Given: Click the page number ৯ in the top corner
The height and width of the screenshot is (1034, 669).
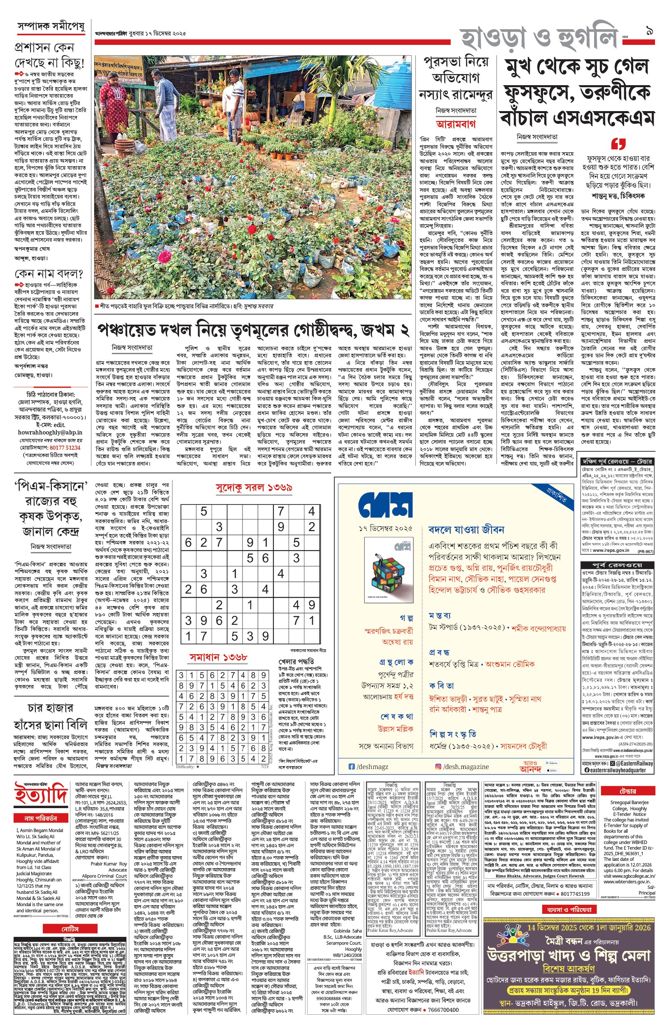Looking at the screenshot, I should [650, 32].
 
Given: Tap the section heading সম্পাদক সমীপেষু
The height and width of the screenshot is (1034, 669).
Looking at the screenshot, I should [51, 26].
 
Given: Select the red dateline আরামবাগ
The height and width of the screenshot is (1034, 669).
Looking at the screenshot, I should [456, 124].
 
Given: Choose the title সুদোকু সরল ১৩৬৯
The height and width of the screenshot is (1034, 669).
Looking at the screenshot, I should [253, 488].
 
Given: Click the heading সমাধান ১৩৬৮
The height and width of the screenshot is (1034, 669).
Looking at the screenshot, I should [218, 657].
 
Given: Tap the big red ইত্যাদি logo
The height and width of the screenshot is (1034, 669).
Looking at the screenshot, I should [41, 793].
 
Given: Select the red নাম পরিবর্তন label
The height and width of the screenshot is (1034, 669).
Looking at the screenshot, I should [41, 818].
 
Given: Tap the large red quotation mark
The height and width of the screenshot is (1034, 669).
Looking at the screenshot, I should [618, 144].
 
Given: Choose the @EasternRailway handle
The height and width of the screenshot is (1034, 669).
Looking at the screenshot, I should [634, 764].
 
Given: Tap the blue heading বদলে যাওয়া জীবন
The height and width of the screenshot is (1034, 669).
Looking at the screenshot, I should [466, 530].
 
